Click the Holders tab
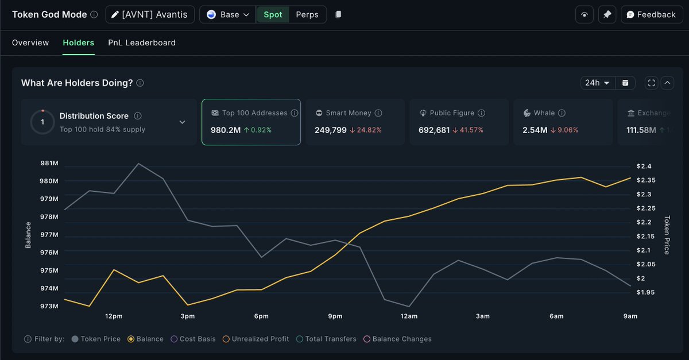pos(78,43)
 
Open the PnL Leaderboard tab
pos(142,43)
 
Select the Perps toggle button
pos(307,14)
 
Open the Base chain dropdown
pos(229,14)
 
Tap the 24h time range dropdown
pos(597,83)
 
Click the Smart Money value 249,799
pos(331,130)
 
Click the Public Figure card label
pos(452,113)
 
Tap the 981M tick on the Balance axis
pos(49,164)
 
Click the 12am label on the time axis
pos(409,316)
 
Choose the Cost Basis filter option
pos(198,339)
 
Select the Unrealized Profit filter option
pos(260,339)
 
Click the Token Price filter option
pos(100,339)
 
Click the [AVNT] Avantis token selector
pos(150,14)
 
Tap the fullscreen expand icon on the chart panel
pos(651,83)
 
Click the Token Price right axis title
pos(667,235)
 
